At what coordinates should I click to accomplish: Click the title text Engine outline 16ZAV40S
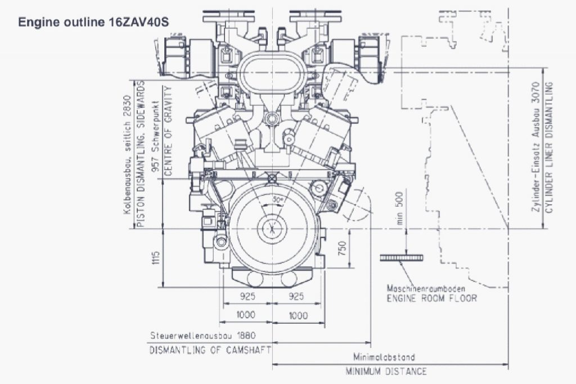[93, 22]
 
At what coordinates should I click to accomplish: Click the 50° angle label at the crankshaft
[276, 200]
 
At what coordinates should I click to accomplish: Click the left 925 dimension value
[247, 296]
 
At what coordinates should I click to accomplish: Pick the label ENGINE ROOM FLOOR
[431, 298]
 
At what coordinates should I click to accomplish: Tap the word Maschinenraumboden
[430, 288]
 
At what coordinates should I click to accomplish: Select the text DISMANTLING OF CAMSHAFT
[210, 350]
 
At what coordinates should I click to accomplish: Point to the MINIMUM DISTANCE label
[386, 372]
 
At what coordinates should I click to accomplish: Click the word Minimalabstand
[384, 357]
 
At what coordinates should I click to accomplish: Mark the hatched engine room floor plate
[401, 257]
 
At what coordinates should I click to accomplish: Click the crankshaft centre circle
[272, 229]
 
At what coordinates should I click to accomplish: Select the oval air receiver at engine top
[272, 74]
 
